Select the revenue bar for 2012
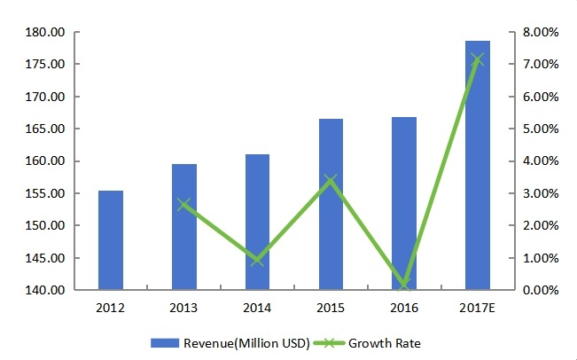click(111, 240)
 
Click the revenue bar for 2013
click(183, 227)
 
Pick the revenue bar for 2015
click(331, 205)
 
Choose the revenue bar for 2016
click(404, 204)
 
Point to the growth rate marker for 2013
click(183, 205)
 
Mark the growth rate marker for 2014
click(257, 260)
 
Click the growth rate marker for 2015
click(331, 180)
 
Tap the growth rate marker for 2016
click(404, 286)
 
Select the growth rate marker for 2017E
click(478, 59)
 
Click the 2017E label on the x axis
click(478, 309)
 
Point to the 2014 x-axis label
click(257, 309)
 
